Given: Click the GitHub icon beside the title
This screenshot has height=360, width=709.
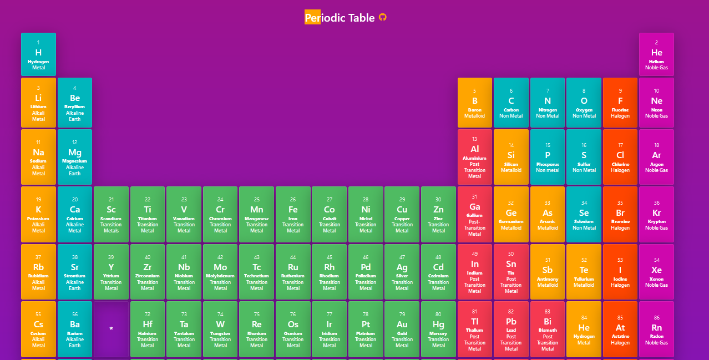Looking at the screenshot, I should [x=382, y=18].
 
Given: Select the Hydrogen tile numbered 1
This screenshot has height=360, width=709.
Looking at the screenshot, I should [x=38, y=54].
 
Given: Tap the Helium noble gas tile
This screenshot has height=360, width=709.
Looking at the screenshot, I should [x=656, y=54].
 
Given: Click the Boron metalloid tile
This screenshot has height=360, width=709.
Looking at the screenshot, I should [x=474, y=103].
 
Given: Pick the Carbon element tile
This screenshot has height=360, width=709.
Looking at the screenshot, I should [x=511, y=103].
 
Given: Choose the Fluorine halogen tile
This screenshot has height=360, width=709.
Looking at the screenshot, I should [x=620, y=103].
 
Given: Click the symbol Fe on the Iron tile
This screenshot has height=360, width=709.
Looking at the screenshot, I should [x=293, y=210].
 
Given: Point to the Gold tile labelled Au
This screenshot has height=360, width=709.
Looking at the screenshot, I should [x=402, y=329].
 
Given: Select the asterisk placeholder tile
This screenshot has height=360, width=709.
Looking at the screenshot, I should [x=111, y=329].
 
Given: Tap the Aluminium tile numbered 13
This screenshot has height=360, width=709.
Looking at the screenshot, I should [x=474, y=157].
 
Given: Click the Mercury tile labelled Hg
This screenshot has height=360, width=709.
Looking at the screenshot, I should [x=438, y=329].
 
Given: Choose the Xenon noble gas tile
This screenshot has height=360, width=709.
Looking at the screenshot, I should [x=656, y=272].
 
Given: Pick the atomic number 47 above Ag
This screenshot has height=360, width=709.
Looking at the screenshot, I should [x=402, y=257].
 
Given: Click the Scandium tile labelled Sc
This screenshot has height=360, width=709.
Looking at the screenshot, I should [x=111, y=214].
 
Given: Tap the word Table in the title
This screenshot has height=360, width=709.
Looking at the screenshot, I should [x=361, y=18].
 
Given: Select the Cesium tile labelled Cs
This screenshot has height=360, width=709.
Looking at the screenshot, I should [x=38, y=329].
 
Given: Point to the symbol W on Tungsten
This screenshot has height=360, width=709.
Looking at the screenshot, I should [x=220, y=324].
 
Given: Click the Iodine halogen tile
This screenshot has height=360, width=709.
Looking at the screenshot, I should [x=620, y=272].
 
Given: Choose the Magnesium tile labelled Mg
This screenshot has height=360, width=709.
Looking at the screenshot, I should [x=74, y=157].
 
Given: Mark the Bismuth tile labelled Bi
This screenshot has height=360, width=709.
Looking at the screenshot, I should [x=548, y=329].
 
